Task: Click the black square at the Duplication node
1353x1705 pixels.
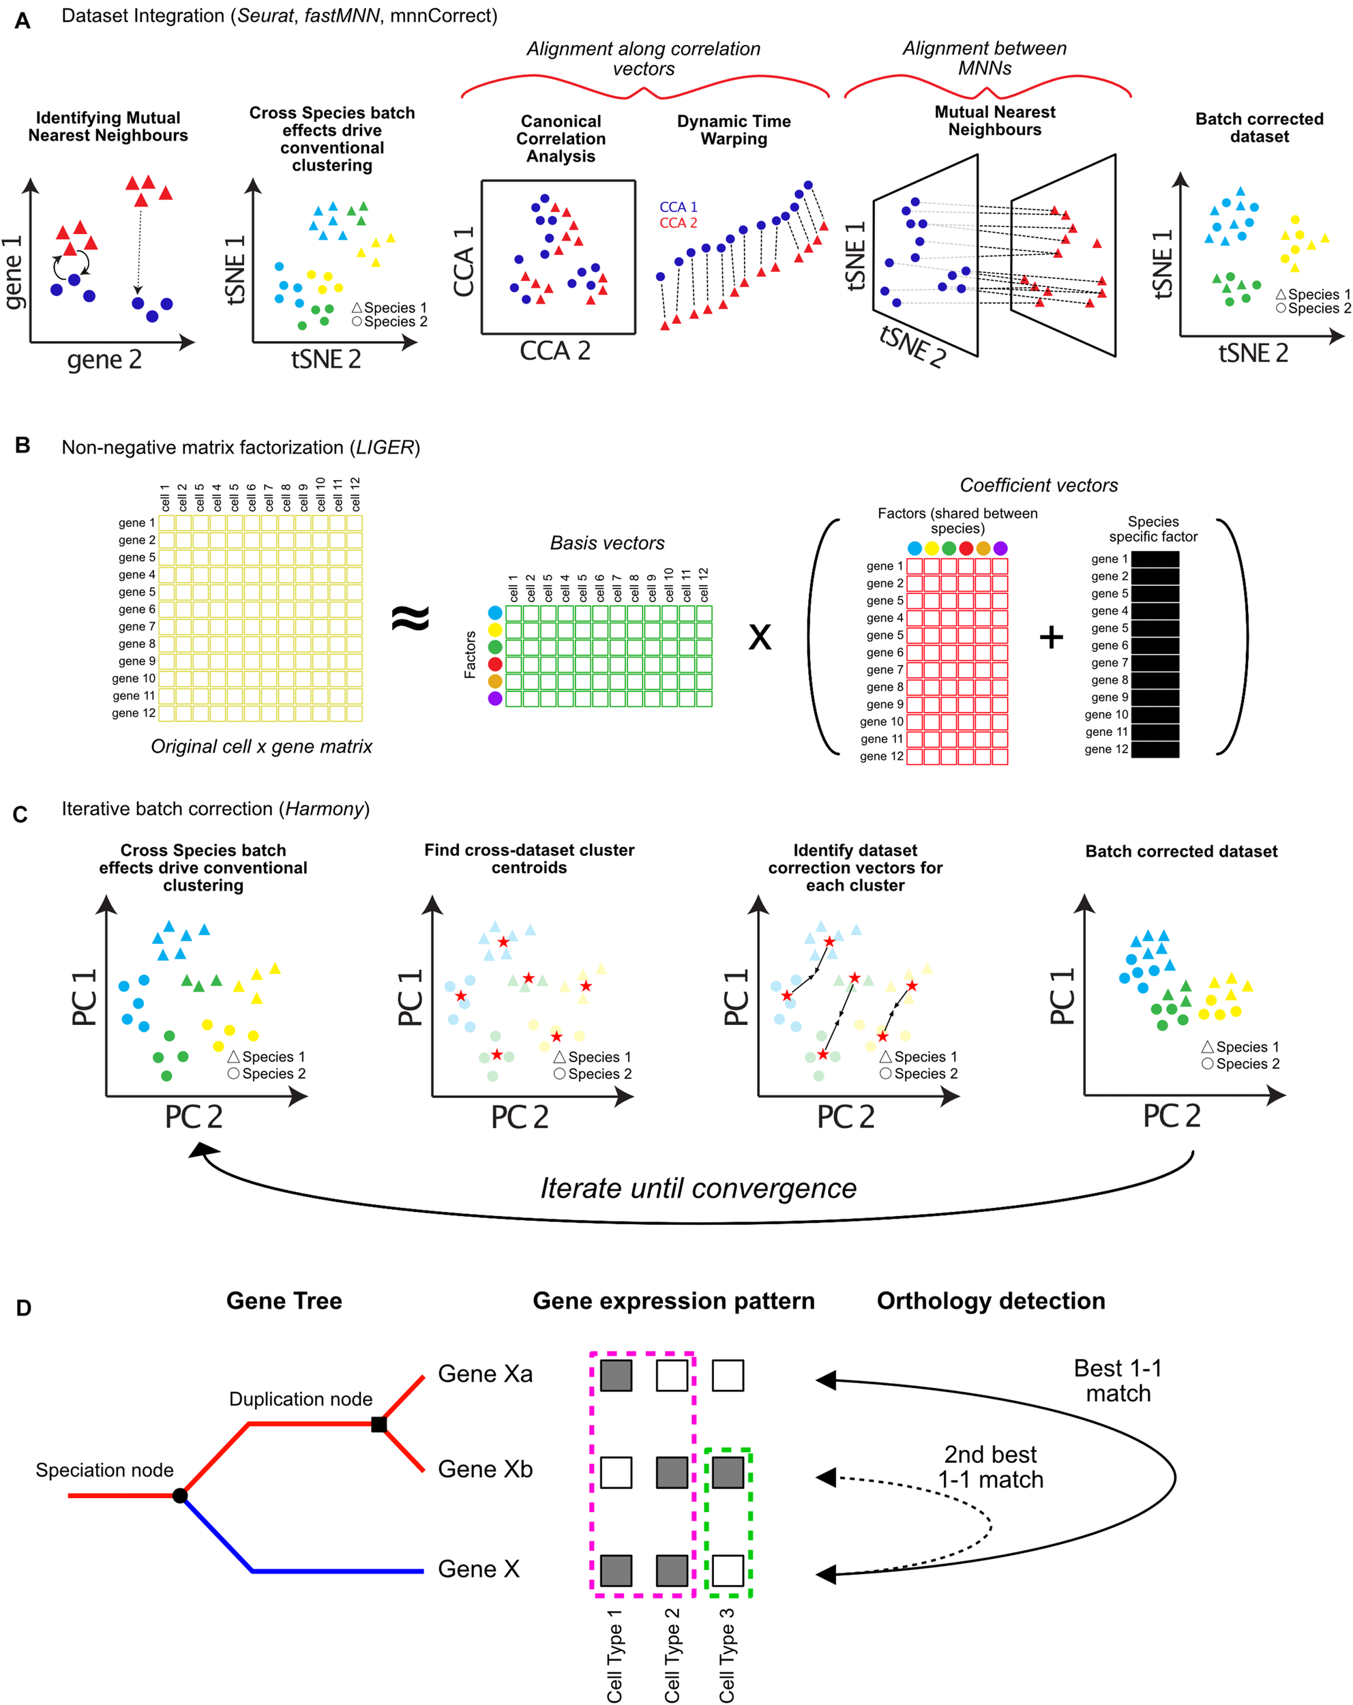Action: click(x=378, y=1424)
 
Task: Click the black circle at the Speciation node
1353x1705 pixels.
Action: click(x=180, y=1496)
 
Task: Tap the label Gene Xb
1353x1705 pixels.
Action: click(x=485, y=1469)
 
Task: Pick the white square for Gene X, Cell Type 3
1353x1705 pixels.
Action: click(x=728, y=1571)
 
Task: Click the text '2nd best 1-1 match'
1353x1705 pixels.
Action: click(x=990, y=1467)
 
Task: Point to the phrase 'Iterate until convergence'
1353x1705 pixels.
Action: click(x=698, y=1189)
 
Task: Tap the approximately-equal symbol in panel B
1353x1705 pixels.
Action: click(x=411, y=618)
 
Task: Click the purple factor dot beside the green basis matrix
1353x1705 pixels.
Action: click(x=495, y=698)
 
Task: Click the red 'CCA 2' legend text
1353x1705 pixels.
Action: click(x=678, y=223)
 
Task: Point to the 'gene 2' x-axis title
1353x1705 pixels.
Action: click(x=104, y=360)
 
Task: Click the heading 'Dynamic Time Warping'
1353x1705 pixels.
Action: click(x=733, y=130)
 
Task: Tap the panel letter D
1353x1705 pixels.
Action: click(x=24, y=1308)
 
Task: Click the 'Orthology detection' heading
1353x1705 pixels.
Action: click(x=990, y=1301)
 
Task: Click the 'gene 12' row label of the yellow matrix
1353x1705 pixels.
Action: click(x=133, y=713)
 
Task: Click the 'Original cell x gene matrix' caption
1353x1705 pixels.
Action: click(x=261, y=747)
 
